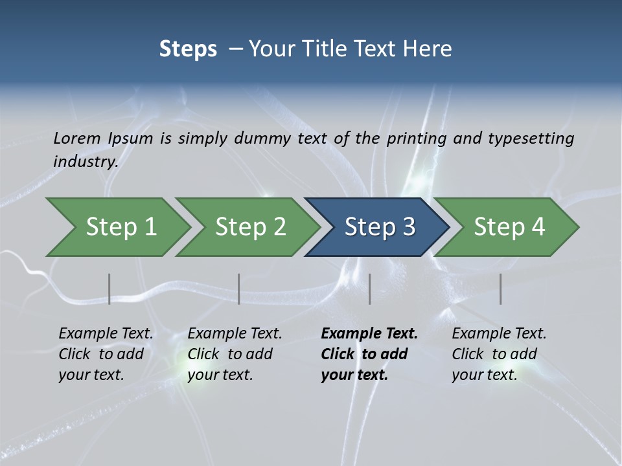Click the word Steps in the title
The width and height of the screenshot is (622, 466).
point(188,49)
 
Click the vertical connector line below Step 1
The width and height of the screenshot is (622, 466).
point(109,289)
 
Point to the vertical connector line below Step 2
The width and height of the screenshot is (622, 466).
point(239,289)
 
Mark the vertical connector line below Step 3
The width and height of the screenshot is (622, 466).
point(370,289)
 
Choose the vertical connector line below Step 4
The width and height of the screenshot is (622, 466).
point(501,289)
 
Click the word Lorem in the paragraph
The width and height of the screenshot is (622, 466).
point(77,138)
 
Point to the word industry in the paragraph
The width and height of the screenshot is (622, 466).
point(86,161)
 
